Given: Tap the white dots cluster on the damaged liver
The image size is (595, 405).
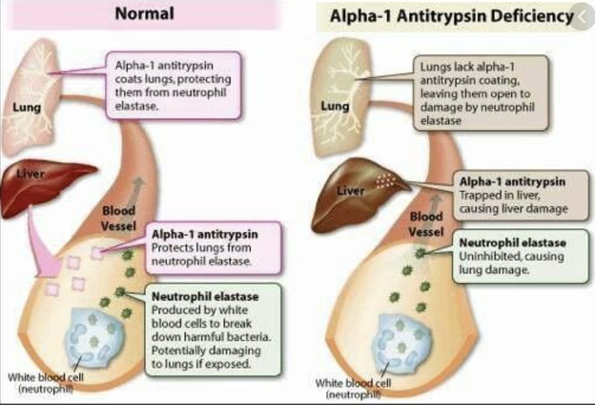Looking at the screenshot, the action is pos(388,180).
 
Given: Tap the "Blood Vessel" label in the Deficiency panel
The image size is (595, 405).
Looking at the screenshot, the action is pos(426,224).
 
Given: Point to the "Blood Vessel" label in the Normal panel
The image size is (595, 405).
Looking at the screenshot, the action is pos(119,218).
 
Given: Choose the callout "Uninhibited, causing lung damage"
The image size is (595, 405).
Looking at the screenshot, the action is pos(512,256).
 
